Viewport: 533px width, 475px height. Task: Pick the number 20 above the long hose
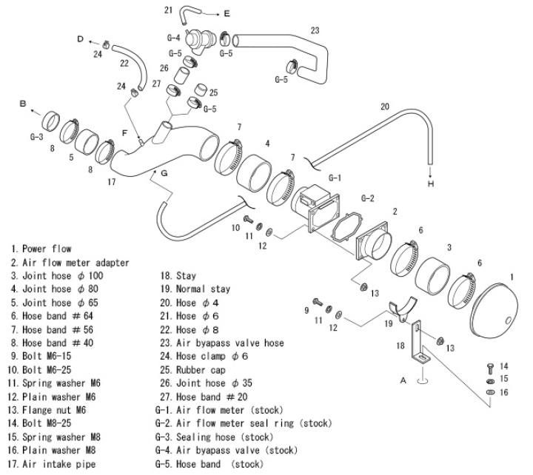pyautogui.click(x=385, y=107)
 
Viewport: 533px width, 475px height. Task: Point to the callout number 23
pyautogui.click(x=315, y=30)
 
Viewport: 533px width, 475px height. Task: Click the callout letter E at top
pyautogui.click(x=227, y=13)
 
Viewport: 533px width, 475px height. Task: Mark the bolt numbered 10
pyautogui.click(x=249, y=220)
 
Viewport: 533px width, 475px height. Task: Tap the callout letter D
pyautogui.click(x=78, y=37)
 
